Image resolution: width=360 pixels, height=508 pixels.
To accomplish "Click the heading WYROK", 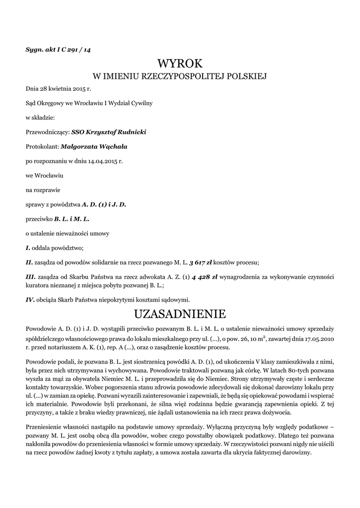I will pos(180,63).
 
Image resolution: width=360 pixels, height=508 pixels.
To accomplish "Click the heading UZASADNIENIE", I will pos(180,314).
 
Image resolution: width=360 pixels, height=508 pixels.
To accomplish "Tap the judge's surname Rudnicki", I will pos(130,132).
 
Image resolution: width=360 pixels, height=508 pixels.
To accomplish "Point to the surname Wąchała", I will pos(112,146).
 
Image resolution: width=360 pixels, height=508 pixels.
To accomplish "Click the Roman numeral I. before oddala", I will pos(28,248).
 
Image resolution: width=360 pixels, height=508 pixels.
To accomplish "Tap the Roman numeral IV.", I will pos(30,299).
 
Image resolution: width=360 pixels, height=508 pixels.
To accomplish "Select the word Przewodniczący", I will pos(47,132).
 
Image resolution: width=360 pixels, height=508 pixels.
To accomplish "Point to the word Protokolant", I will pos(41,146).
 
